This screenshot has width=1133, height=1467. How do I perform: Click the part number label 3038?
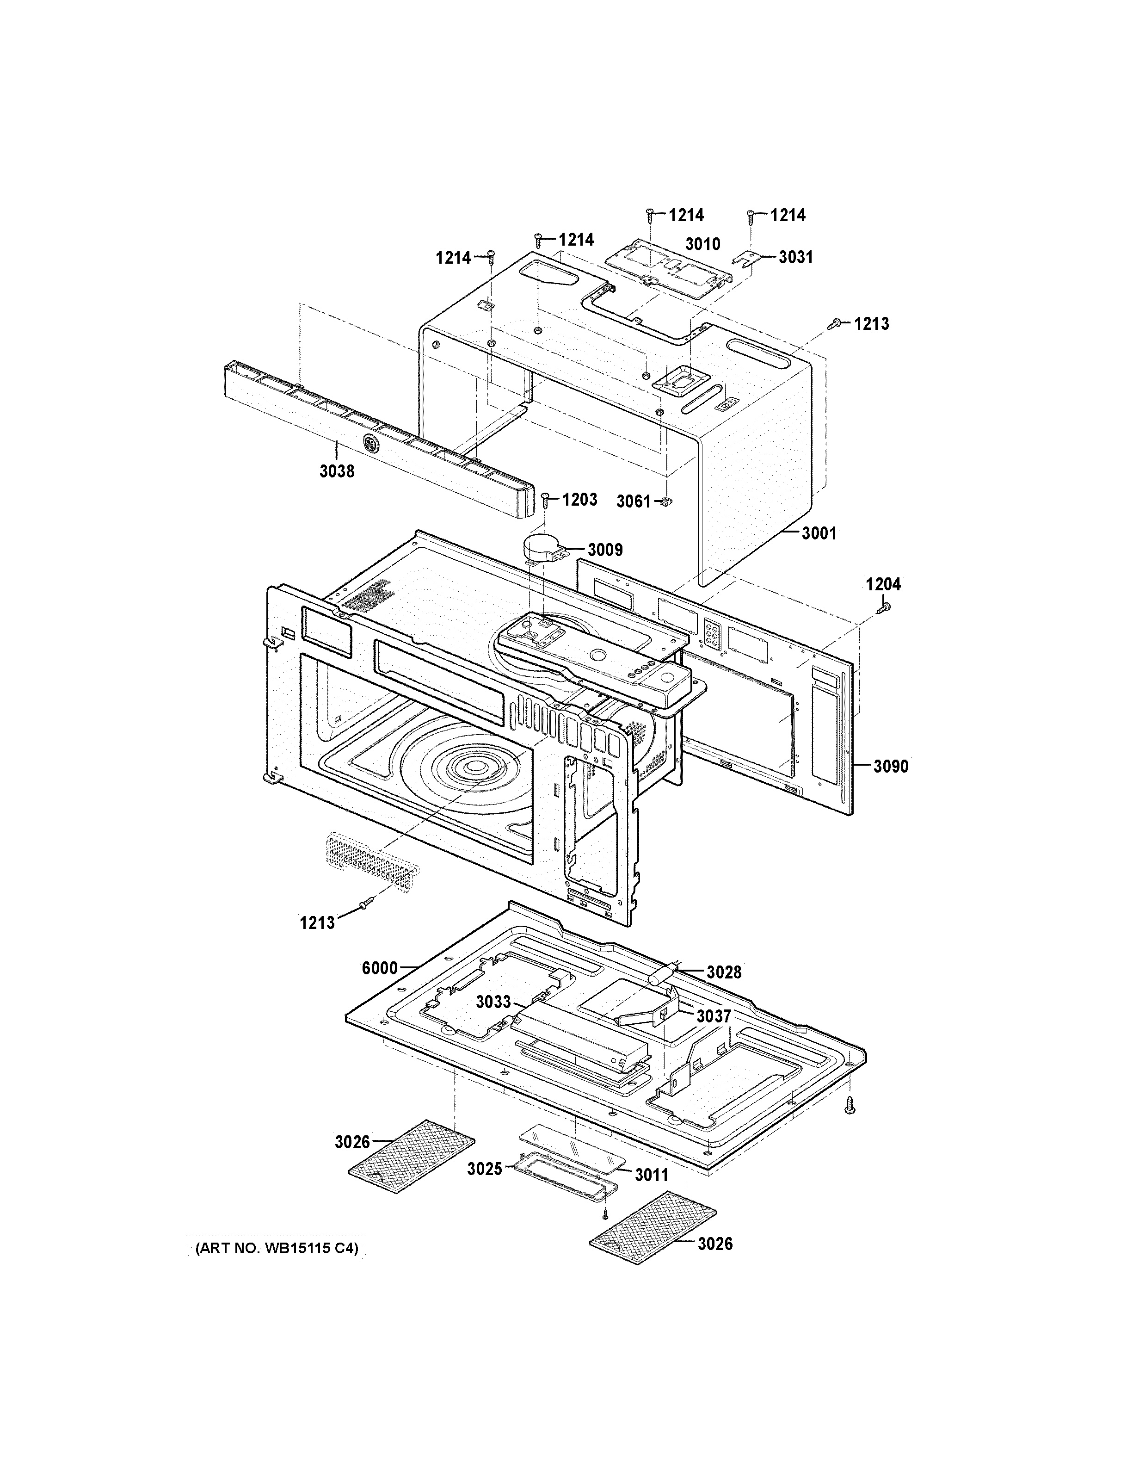337,471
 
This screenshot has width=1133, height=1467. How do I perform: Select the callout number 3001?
819,533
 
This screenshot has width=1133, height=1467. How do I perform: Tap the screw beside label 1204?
884,607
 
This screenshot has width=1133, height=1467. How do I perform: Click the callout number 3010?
702,243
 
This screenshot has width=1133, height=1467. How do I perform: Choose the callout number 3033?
493,1021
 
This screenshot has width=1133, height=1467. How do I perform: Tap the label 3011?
652,1175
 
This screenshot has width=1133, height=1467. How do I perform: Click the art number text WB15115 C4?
276,1249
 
